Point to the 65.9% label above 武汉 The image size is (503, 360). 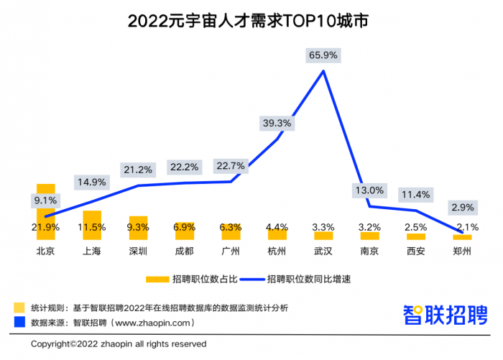323,55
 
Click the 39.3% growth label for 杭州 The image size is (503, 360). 277,123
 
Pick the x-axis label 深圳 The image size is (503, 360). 138,251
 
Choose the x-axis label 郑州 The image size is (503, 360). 462,251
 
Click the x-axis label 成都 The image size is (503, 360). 184,251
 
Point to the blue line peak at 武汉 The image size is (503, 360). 323,70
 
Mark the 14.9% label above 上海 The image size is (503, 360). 91,181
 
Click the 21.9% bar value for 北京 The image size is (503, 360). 46,227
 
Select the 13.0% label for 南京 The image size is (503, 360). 370,190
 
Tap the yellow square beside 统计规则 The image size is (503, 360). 19,308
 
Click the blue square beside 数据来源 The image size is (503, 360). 19,323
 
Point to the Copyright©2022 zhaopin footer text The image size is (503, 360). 119,344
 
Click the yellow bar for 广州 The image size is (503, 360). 231,231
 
